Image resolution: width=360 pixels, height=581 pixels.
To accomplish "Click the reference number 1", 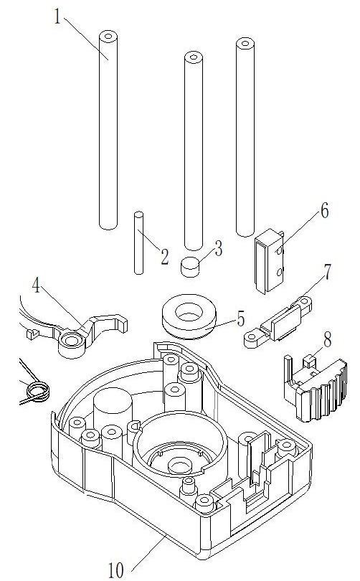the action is pos(57,16).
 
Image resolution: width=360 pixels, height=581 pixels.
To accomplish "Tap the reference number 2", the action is pos(164,256).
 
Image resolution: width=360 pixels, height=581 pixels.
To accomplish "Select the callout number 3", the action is pos(218,248).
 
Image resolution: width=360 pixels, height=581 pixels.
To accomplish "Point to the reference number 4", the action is pos(36,286).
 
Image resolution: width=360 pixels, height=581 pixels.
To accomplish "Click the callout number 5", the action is pos(241,319).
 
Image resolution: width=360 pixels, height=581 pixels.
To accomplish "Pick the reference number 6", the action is pos(324,211).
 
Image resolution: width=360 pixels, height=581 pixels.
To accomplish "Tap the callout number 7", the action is pos(328,273).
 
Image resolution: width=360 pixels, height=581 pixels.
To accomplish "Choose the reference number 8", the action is pos(328,339).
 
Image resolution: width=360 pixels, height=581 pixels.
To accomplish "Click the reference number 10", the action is pos(116,571).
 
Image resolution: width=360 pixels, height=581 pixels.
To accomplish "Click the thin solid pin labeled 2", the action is pos(138,243).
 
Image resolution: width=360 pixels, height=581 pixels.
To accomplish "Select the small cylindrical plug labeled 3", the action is pos(190,266).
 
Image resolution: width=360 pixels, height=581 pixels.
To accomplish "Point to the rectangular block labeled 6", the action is pos(269,261).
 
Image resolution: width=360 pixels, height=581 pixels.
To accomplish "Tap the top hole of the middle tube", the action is pos(194,57).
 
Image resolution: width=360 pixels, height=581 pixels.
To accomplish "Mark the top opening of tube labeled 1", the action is pos(108,36).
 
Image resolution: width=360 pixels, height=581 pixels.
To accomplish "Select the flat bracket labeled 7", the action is pos(278,321).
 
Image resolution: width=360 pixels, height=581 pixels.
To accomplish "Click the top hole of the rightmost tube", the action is pos(245,43).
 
